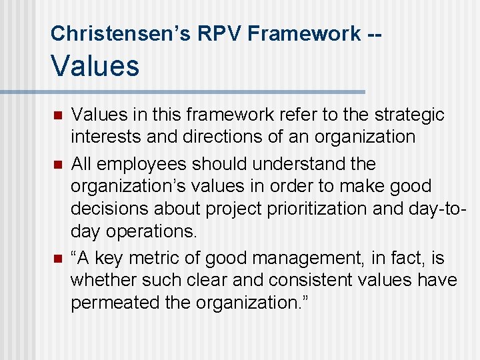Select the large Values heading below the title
point(95,66)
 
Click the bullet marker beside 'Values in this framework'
point(57,116)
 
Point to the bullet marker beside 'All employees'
point(57,164)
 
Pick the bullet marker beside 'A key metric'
point(57,259)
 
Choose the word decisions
point(110,209)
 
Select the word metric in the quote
point(162,258)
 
